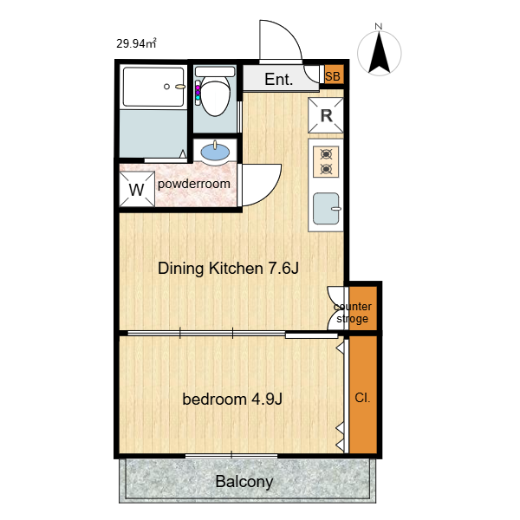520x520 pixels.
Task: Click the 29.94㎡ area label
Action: [x=136, y=43]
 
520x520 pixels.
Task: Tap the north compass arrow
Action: [x=379, y=52]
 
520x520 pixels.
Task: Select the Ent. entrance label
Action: [x=278, y=79]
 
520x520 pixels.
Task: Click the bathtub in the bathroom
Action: [x=153, y=87]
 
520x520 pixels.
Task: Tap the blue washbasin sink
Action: [x=215, y=153]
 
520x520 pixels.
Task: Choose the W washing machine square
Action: [x=137, y=189]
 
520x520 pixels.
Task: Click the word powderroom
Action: [x=194, y=184]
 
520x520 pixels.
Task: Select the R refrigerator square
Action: [x=326, y=115]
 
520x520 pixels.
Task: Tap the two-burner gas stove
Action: [x=326, y=162]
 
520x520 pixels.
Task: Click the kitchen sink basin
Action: [x=327, y=209]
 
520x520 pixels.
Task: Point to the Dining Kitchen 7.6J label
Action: [x=228, y=268]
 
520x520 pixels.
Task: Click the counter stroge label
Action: [x=353, y=312]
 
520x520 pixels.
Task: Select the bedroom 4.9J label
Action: [x=232, y=399]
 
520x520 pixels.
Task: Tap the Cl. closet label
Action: [x=362, y=398]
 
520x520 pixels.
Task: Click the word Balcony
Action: [x=244, y=482]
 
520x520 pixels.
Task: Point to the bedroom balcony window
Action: [x=231, y=456]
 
